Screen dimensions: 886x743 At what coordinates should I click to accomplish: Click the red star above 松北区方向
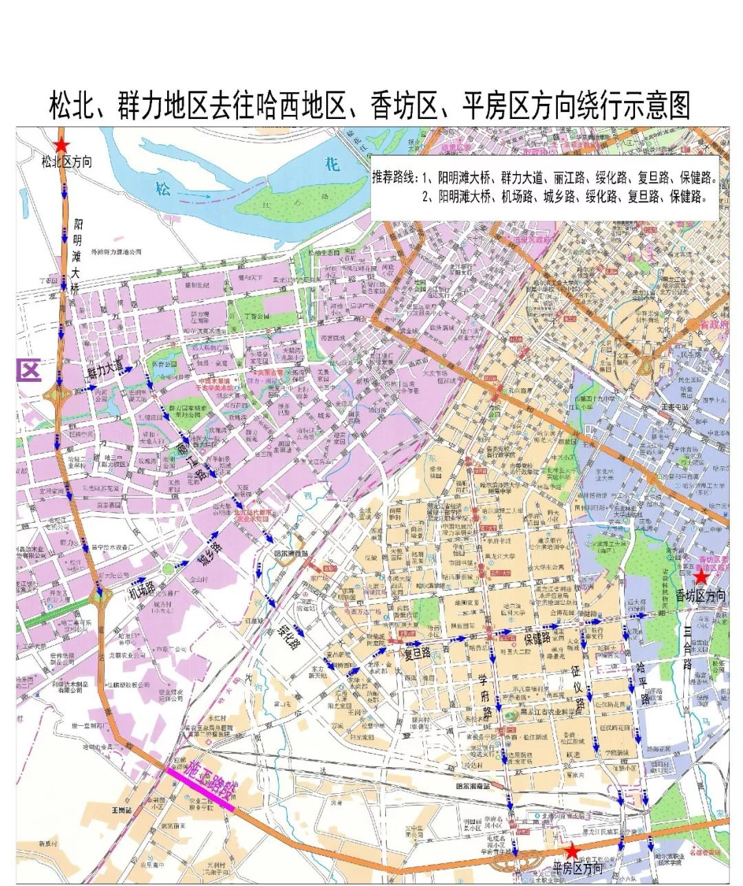[62, 145]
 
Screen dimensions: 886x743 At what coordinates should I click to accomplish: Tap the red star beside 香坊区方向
[700, 577]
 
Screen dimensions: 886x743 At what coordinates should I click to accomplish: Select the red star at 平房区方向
[572, 852]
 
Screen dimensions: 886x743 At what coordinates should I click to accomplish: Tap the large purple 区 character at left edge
[28, 371]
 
